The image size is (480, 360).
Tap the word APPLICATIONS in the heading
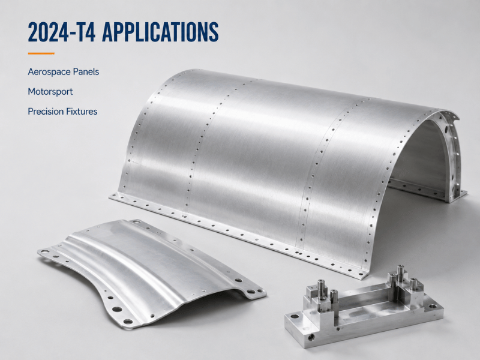coord(160,32)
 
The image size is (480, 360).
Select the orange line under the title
coord(41,53)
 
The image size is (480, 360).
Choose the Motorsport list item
coord(50,92)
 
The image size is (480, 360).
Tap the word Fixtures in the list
coord(82,112)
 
